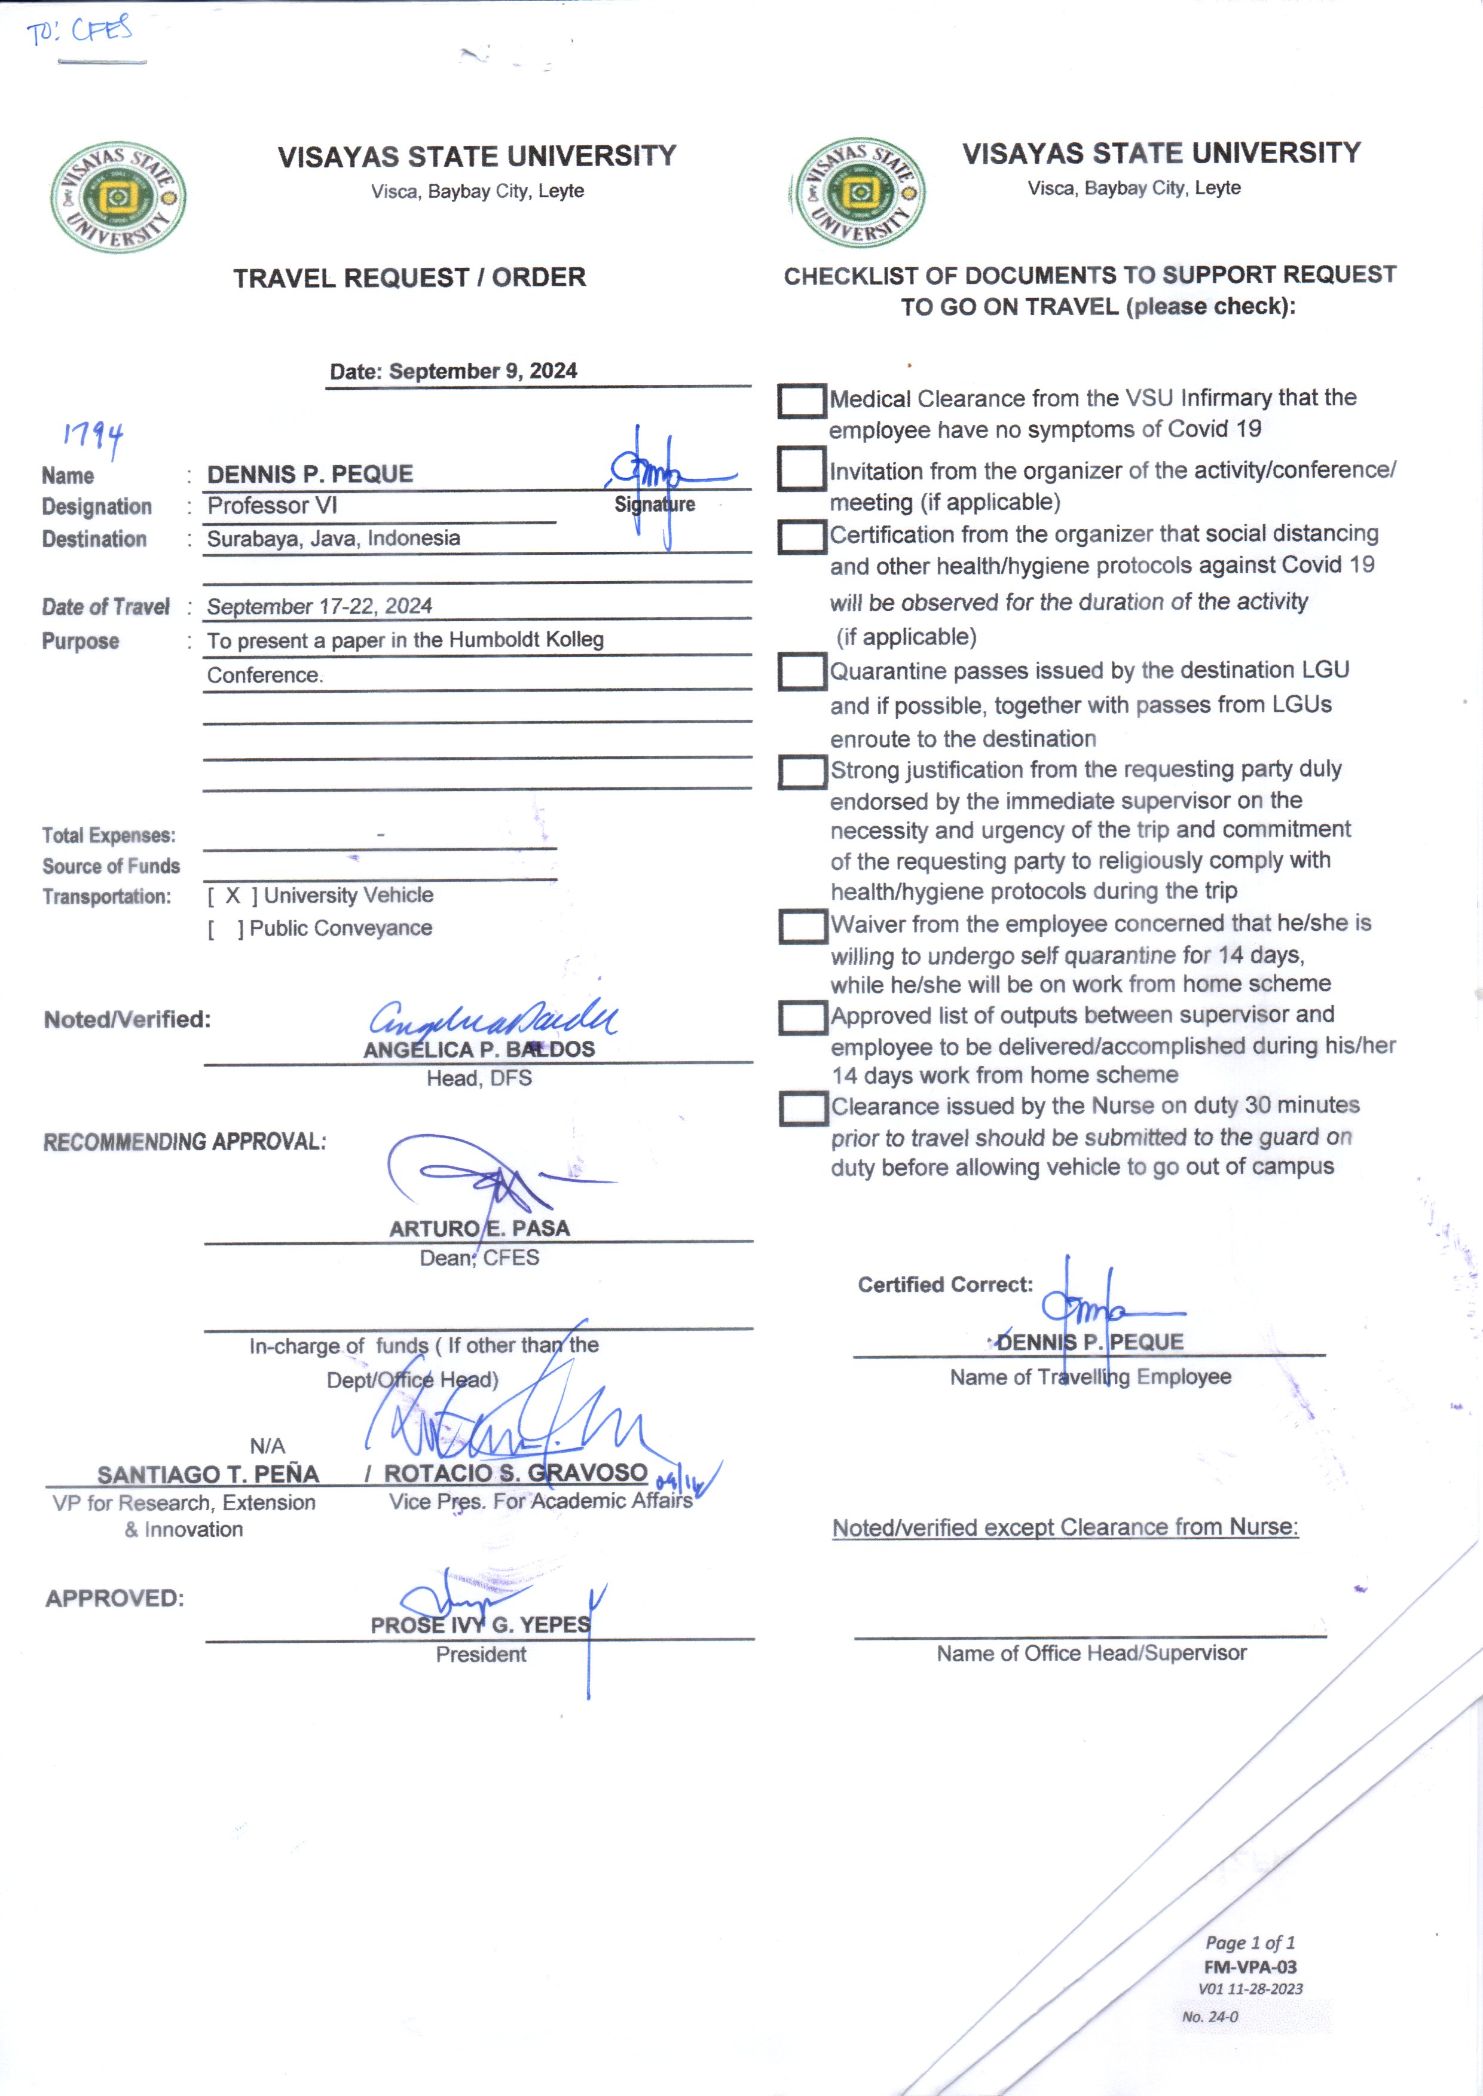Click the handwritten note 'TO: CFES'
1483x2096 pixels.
79,31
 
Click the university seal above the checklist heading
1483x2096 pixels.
858,193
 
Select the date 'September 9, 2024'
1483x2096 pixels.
482,371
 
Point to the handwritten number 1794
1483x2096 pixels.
93,436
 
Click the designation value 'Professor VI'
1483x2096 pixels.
272,505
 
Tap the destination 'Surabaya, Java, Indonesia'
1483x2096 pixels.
334,538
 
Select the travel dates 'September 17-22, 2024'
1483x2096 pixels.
320,606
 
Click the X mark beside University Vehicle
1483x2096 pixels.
233,895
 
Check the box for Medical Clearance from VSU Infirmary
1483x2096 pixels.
801,401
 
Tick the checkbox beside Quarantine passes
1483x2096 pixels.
801,671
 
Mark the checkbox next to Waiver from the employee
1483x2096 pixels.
801,926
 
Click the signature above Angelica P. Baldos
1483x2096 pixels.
493,1016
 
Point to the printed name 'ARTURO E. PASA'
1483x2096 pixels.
479,1229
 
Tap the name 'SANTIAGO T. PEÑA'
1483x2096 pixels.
208,1474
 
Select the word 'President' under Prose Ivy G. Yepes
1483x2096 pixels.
481,1654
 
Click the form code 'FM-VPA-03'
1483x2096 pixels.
1249,1966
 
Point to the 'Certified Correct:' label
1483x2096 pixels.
945,1284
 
